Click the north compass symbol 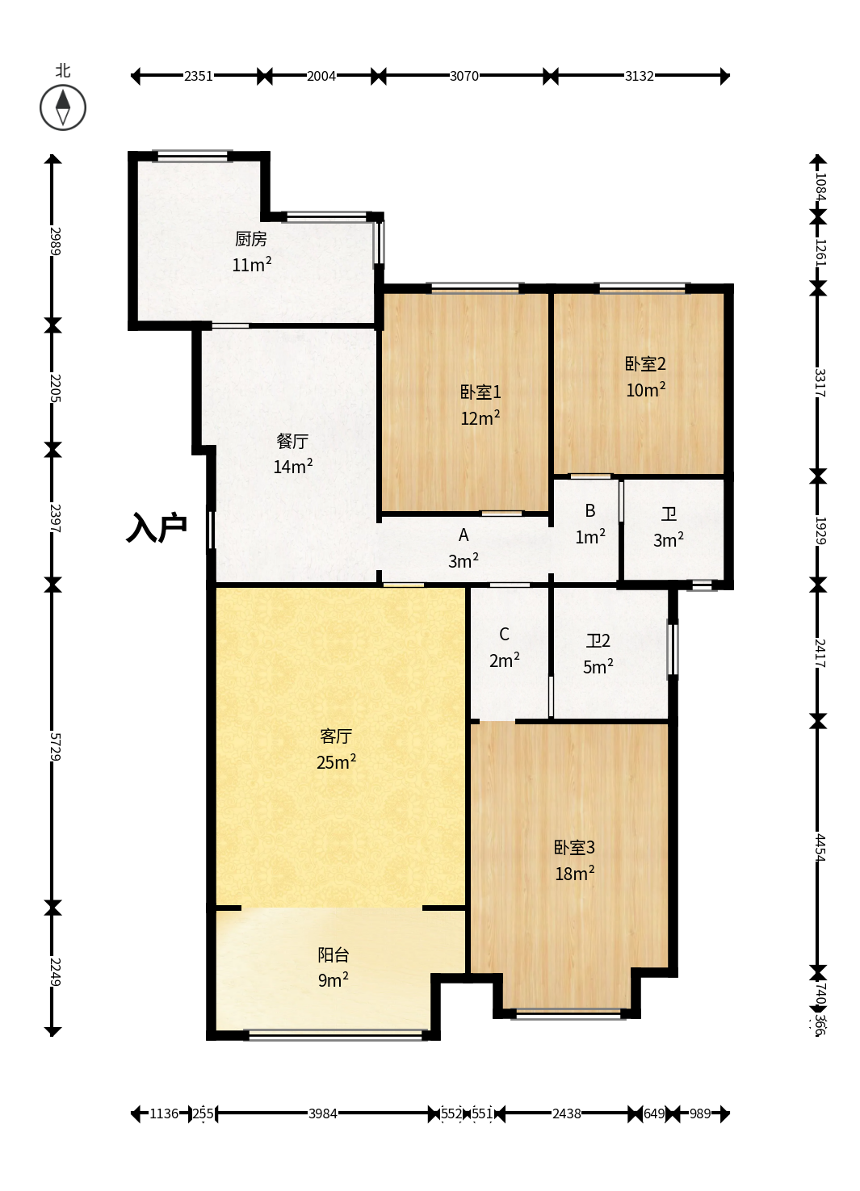coord(63,107)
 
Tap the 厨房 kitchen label coord(251,239)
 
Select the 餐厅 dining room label coord(292,442)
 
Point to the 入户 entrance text coord(157,527)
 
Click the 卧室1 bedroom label coord(480,392)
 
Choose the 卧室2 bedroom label coord(645,364)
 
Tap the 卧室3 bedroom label coord(574,848)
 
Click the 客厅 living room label coord(336,736)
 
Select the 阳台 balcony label coord(334,955)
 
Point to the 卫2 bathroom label coord(598,640)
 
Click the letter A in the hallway coord(464,535)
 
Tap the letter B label coord(590,511)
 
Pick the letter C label coord(504,635)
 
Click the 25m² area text coord(336,762)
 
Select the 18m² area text coord(574,874)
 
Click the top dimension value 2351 coord(199,76)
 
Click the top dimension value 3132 coord(639,76)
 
